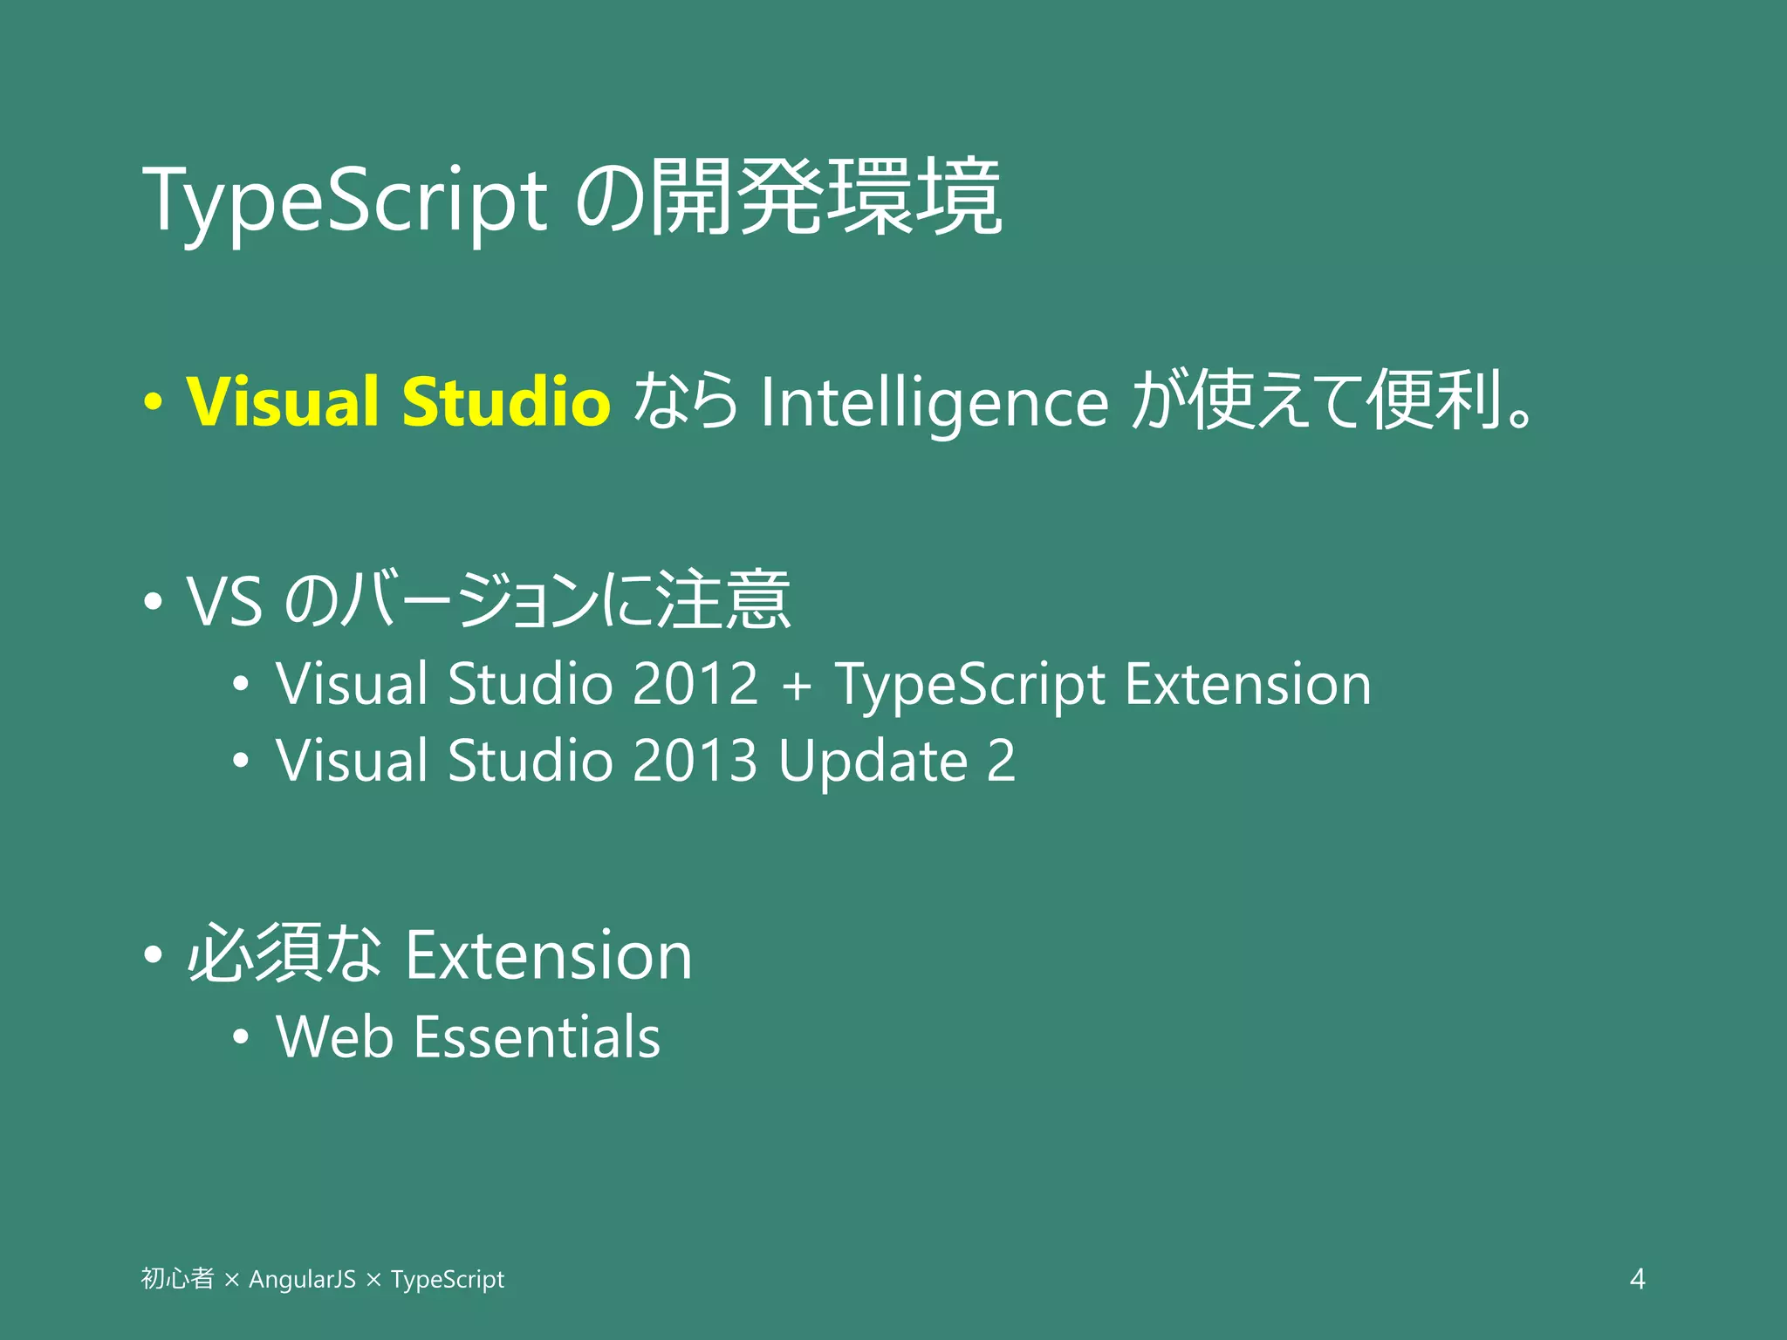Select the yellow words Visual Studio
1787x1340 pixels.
[398, 401]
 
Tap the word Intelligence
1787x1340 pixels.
[935, 403]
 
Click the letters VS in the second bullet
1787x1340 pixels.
[224, 602]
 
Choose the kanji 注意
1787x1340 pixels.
[723, 600]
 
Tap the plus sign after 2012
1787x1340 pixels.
[796, 685]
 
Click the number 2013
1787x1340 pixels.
[695, 760]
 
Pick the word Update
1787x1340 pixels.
[873, 762]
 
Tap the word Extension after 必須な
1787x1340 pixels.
[549, 956]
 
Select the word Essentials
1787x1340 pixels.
[537, 1037]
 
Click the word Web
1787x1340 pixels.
[334, 1037]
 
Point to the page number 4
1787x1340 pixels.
[1637, 1279]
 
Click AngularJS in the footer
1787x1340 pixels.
[302, 1280]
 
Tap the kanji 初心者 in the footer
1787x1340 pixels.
[177, 1279]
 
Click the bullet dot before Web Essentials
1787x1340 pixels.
[241, 1038]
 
